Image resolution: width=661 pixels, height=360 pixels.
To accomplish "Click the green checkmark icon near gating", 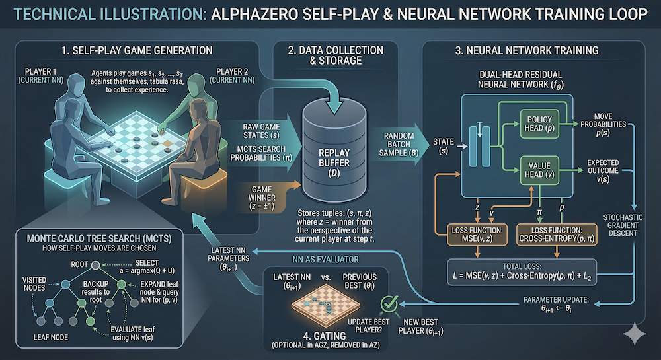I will click(x=389, y=304).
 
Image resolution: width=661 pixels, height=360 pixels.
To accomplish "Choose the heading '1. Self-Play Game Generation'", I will click(x=137, y=50).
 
